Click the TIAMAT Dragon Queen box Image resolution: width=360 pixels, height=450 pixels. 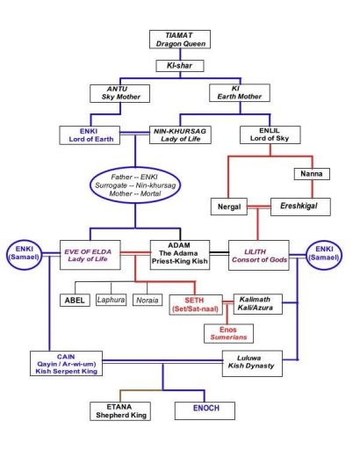(x=180, y=40)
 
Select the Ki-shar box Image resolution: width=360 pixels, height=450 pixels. (x=180, y=66)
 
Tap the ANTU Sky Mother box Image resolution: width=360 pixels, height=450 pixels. (x=119, y=93)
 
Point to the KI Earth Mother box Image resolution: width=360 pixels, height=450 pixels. (x=240, y=93)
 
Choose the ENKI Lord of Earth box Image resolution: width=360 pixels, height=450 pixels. (x=90, y=135)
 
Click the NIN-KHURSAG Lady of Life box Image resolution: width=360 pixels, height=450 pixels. (x=180, y=134)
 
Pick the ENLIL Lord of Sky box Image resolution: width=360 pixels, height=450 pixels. (x=270, y=134)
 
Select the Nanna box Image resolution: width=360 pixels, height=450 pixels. (x=312, y=174)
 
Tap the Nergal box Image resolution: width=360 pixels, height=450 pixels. (x=229, y=207)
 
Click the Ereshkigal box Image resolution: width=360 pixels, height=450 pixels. (x=300, y=207)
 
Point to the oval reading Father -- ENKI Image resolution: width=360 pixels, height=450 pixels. (x=135, y=185)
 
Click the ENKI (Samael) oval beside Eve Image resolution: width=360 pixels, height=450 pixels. (x=24, y=254)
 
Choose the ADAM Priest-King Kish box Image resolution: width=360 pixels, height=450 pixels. (x=180, y=255)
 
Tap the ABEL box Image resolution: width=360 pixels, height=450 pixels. (x=75, y=301)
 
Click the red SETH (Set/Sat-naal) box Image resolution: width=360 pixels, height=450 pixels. (x=196, y=305)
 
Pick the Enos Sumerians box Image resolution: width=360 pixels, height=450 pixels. (x=228, y=333)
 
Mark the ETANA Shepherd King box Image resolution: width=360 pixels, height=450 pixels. (x=120, y=411)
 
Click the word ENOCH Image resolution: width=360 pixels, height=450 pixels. (x=206, y=408)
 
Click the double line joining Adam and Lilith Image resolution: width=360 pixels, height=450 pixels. (x=220, y=253)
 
